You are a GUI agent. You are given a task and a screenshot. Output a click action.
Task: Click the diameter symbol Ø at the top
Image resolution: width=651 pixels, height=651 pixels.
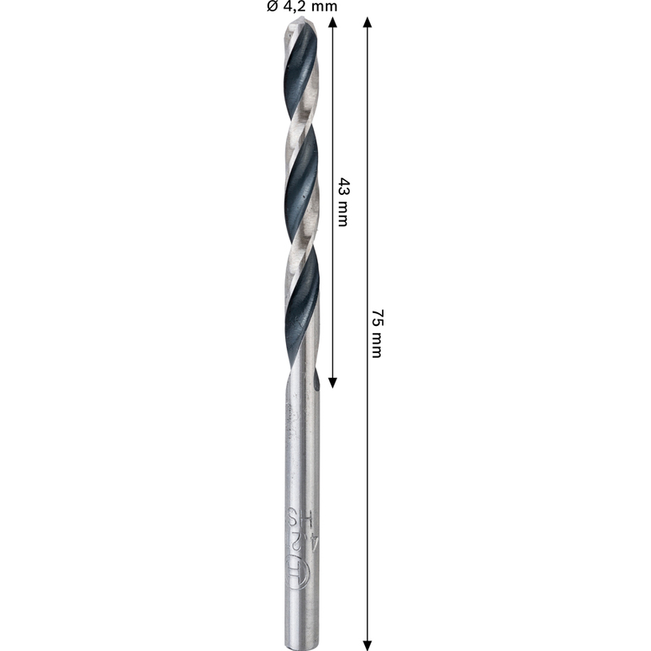(x=272, y=6)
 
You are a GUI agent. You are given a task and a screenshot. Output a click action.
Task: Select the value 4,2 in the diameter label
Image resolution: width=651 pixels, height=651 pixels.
(x=296, y=6)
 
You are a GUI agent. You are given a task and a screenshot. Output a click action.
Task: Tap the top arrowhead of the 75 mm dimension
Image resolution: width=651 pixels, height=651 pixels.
(x=367, y=23)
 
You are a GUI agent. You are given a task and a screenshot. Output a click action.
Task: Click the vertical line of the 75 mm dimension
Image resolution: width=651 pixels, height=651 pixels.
(x=367, y=479)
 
